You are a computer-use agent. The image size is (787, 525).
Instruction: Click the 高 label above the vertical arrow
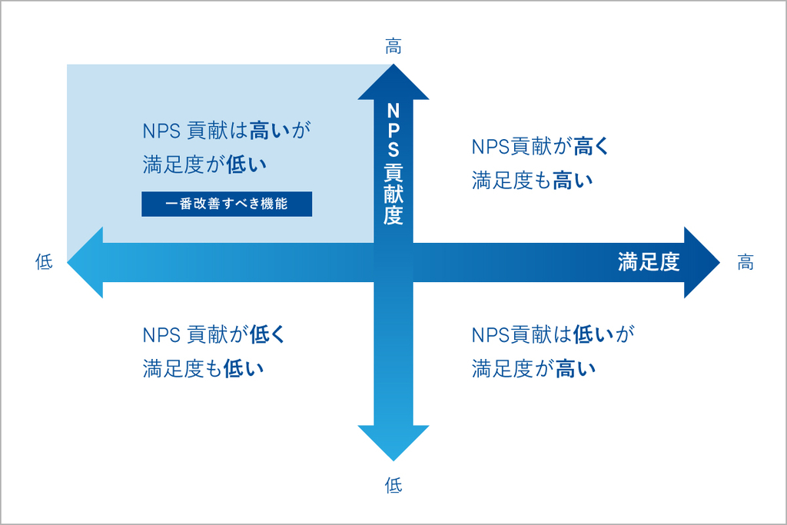[393, 47]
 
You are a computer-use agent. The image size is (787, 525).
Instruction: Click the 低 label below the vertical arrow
[393, 485]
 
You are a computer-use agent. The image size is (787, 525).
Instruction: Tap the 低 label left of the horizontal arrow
[44, 262]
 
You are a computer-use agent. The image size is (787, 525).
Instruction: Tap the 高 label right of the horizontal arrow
[745, 262]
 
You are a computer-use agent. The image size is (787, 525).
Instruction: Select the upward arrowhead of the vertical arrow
[393, 83]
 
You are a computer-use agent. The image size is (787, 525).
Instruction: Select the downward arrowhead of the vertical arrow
[393, 442]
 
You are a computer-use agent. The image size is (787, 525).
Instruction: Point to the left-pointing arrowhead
[86, 263]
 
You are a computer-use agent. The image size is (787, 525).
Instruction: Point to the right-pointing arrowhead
[701, 263]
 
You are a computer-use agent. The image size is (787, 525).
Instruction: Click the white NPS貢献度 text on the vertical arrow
[393, 164]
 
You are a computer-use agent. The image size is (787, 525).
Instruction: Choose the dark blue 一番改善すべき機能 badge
[227, 204]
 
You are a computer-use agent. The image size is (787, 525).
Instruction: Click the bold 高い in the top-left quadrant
[270, 131]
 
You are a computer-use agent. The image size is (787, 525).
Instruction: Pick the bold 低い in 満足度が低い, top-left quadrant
[246, 164]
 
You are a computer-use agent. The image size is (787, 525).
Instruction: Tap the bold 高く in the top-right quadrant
[591, 147]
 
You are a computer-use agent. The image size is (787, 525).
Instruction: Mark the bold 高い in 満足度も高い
[573, 181]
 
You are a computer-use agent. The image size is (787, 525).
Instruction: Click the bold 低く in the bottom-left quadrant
[267, 334]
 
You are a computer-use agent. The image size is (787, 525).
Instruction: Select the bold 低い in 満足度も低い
[244, 369]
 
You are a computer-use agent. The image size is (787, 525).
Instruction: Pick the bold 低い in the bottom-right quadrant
[593, 334]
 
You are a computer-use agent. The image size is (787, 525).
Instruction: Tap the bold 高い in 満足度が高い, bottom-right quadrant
[576, 369]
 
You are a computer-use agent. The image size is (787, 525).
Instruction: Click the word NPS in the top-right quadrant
[490, 147]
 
